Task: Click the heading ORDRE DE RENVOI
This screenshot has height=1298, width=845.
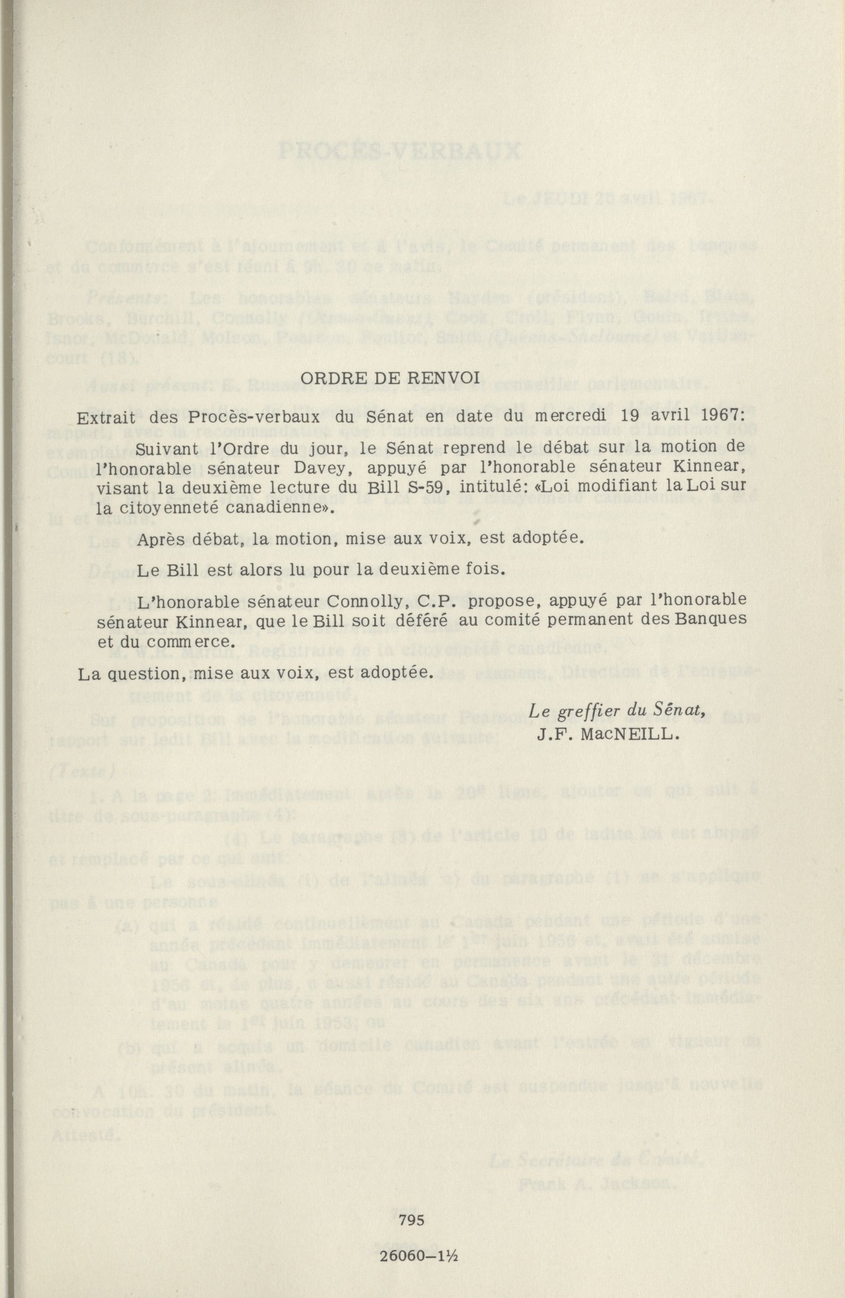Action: pos(390,379)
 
